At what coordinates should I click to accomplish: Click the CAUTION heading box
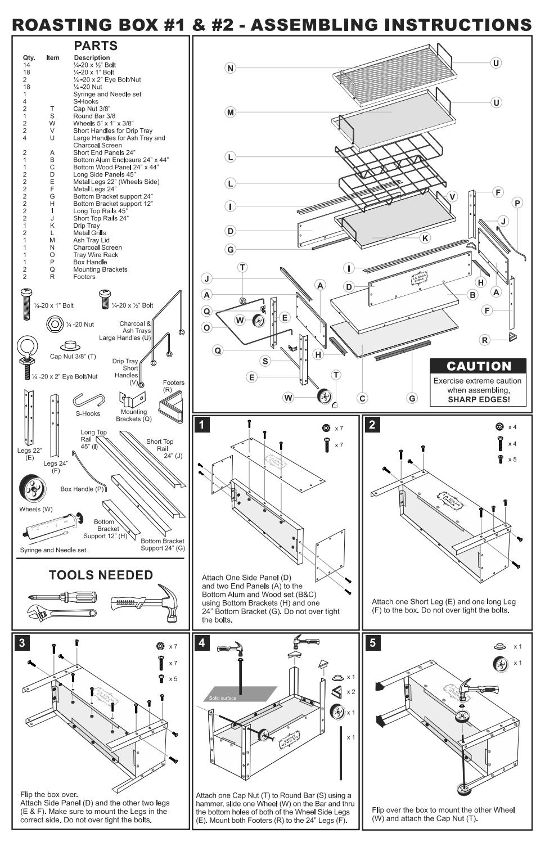[x=479, y=366]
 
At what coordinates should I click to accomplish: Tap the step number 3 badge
[x=21, y=643]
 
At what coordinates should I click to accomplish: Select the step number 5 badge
[x=372, y=643]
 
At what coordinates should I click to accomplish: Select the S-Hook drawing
[x=89, y=400]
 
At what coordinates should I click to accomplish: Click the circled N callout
[x=230, y=68]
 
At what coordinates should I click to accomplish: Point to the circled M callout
[x=230, y=112]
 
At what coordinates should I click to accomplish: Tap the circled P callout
[x=517, y=203]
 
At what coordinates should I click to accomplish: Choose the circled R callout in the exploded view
[x=485, y=340]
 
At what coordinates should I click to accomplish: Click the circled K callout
[x=425, y=238]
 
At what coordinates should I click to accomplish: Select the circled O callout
[x=206, y=327]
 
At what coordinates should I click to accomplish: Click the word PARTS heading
[x=96, y=46]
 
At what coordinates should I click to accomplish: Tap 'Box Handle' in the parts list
[x=90, y=262]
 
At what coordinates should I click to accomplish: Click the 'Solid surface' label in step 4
[x=223, y=698]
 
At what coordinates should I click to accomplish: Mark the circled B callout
[x=472, y=295]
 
